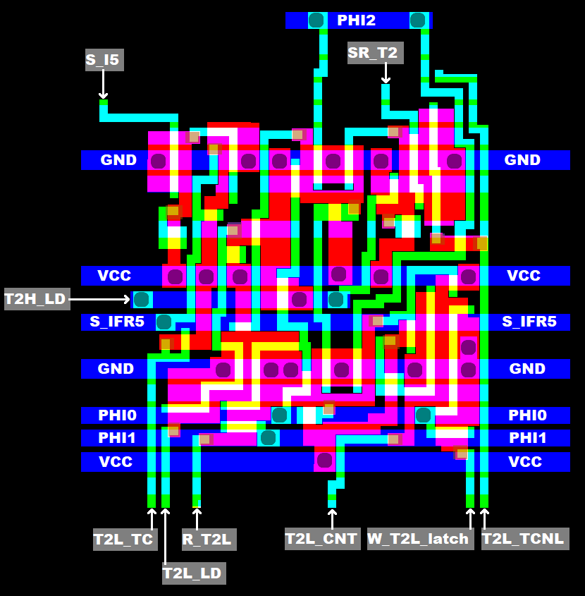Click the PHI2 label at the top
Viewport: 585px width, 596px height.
click(356, 20)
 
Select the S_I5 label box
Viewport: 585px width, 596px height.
click(103, 60)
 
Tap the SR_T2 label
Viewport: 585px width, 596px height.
click(372, 53)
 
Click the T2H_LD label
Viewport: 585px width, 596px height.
click(35, 299)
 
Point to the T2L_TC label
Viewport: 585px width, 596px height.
click(123, 540)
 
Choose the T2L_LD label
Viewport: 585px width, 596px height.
click(192, 573)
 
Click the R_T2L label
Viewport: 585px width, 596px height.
click(207, 540)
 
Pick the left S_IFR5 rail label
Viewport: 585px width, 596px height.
click(117, 322)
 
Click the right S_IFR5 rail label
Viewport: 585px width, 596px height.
click(529, 322)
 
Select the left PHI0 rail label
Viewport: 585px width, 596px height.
click(117, 415)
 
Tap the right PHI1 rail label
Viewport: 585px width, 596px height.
click(528, 438)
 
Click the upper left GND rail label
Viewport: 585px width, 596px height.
click(118, 160)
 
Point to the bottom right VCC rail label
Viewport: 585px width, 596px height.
click(525, 461)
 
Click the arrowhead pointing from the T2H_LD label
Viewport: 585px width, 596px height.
click(127, 299)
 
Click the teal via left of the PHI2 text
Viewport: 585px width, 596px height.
click(316, 20)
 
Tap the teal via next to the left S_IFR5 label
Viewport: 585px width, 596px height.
click(164, 322)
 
